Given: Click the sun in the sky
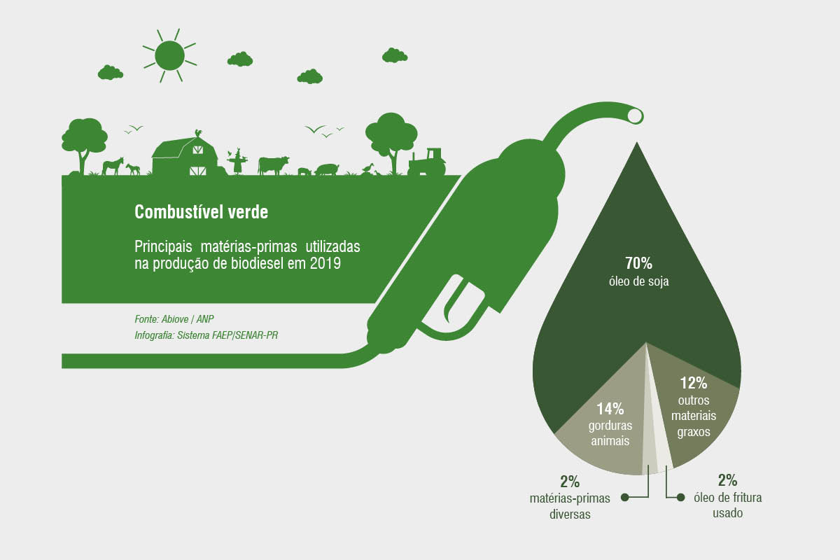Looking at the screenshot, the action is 169,55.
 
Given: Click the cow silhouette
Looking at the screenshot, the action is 273,165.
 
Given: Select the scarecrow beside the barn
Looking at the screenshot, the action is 237,161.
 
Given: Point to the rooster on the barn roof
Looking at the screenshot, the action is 198,133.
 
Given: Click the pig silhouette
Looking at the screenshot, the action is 327,169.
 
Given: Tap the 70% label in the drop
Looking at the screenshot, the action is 638,263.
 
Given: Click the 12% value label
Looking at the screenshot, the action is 694,383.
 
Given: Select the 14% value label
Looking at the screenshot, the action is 610,409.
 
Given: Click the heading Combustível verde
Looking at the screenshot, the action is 202,212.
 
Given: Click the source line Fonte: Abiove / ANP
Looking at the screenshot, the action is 174,319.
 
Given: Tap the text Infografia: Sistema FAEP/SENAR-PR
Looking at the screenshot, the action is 206,335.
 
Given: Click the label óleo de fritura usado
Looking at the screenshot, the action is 727,505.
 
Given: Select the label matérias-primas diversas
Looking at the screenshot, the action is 570,506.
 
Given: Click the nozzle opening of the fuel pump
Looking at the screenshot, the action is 635,116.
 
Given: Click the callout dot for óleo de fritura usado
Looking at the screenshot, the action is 680,498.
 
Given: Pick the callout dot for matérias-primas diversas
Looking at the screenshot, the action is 624,498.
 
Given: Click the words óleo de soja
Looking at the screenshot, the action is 638,281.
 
